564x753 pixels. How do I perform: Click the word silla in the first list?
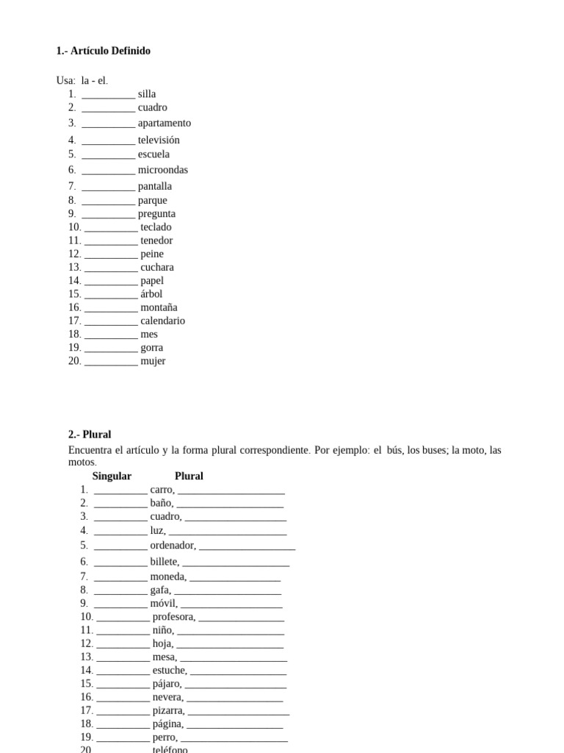(147, 94)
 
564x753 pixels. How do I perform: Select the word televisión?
(159, 140)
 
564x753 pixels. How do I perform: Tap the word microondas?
(163, 170)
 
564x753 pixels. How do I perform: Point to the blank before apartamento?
(108, 124)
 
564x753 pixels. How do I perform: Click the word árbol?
(151, 294)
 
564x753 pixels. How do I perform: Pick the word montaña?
(159, 307)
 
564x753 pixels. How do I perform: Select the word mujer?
(153, 361)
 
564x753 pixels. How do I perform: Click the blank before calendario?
(111, 321)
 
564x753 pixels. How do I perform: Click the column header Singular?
(112, 476)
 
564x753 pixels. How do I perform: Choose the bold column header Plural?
(189, 476)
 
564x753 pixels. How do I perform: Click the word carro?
(162, 490)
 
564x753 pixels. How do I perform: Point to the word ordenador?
(172, 546)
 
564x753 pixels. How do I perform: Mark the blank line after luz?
(227, 531)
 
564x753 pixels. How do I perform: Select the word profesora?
(173, 617)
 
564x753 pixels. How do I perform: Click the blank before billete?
(120, 563)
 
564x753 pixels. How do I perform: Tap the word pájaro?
(166, 684)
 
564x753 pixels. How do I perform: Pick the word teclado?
(156, 227)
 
